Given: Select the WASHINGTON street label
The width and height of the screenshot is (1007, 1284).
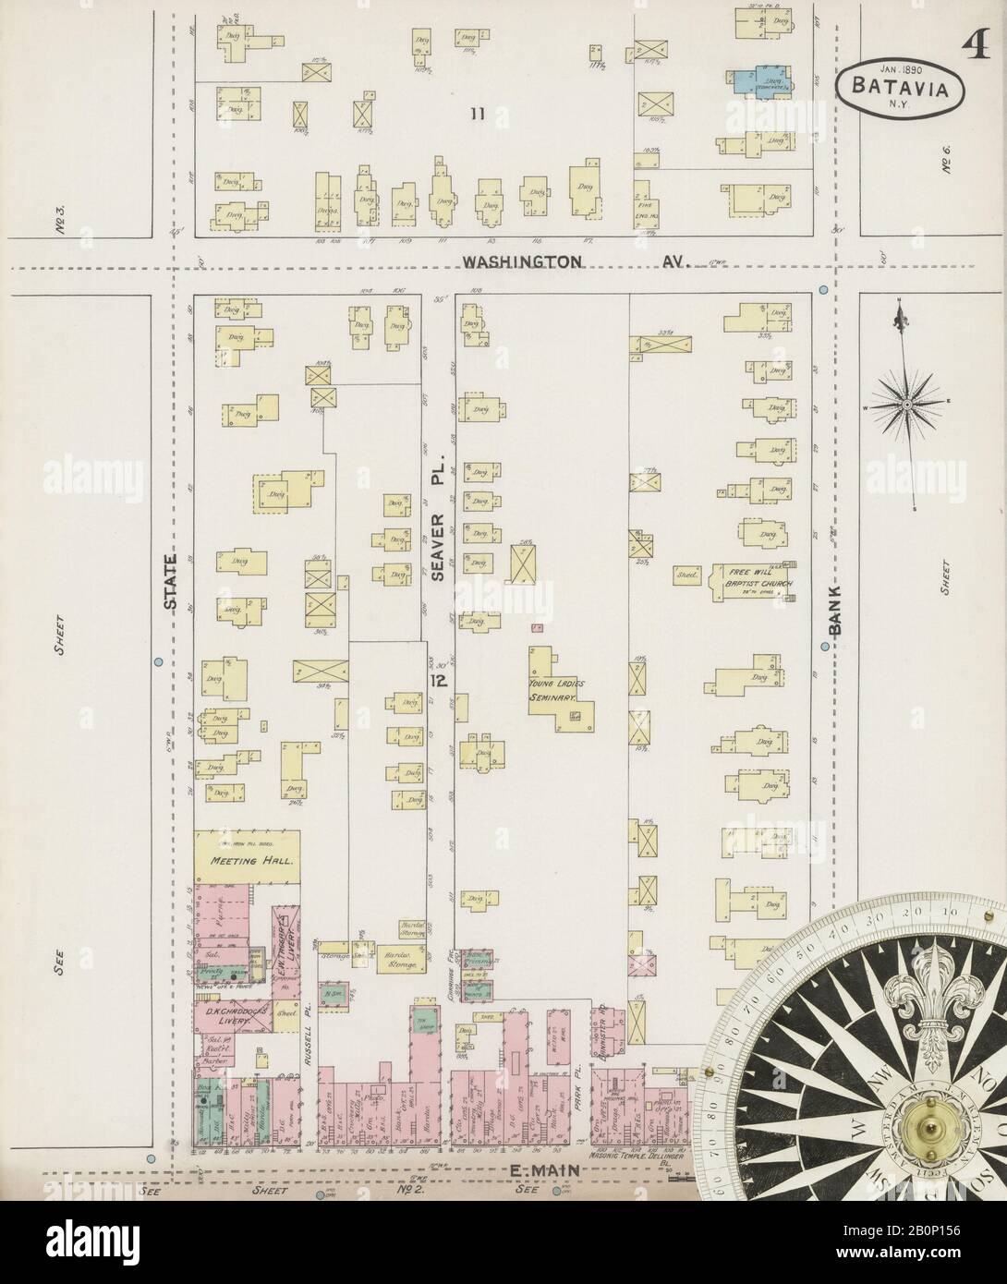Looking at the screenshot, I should point(522,261).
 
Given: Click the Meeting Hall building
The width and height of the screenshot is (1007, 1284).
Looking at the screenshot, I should point(247,859).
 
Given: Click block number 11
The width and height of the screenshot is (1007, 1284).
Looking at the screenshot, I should point(476,115).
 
